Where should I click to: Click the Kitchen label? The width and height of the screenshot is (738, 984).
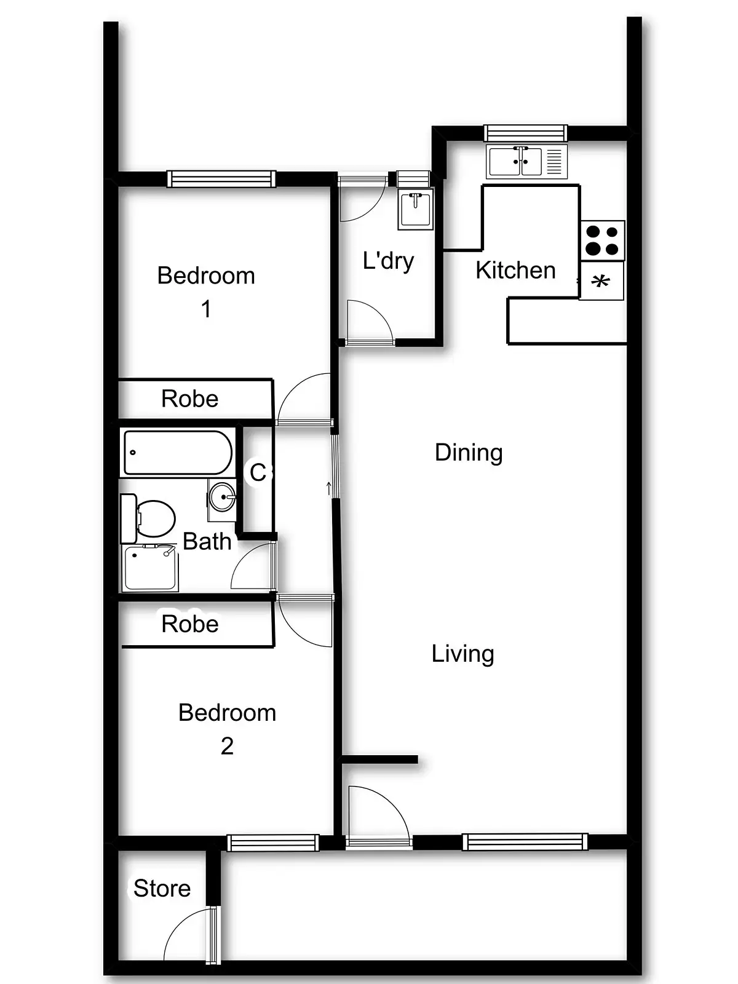pyautogui.click(x=515, y=271)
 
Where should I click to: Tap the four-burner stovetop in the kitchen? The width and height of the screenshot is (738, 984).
pyautogui.click(x=602, y=240)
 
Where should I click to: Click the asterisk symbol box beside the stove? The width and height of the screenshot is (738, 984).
pyautogui.click(x=601, y=282)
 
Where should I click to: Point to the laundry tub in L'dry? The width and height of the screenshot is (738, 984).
pyautogui.click(x=416, y=208)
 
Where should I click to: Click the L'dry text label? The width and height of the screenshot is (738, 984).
pyautogui.click(x=388, y=261)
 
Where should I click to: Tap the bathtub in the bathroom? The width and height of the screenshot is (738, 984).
pyautogui.click(x=178, y=453)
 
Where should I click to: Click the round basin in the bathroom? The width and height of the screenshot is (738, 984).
pyautogui.click(x=222, y=496)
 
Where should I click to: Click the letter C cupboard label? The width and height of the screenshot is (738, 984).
pyautogui.click(x=258, y=472)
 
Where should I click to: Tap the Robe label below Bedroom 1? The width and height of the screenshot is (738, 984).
pyautogui.click(x=189, y=399)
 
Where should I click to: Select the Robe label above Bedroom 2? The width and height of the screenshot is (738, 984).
pyautogui.click(x=189, y=624)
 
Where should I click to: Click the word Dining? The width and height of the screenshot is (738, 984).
pyautogui.click(x=469, y=453)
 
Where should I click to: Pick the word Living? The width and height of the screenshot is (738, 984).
pyautogui.click(x=462, y=654)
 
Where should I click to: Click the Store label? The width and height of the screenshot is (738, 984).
pyautogui.click(x=162, y=889)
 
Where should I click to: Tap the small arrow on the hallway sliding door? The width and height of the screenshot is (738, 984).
pyautogui.click(x=329, y=488)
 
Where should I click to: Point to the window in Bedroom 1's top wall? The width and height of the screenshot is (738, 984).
pyautogui.click(x=221, y=179)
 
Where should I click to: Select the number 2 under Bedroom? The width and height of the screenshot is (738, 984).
pyautogui.click(x=227, y=746)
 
